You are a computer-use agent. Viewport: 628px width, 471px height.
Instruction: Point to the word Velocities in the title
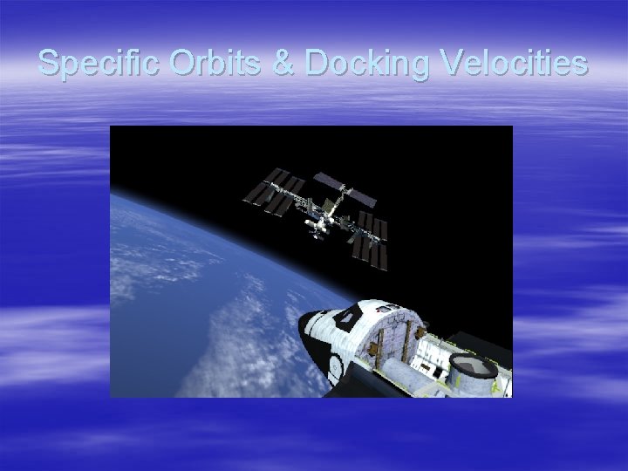click(509, 64)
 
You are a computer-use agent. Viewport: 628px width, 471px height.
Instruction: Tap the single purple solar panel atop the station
click(331, 182)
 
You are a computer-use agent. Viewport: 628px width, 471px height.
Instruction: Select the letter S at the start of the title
click(49, 64)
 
